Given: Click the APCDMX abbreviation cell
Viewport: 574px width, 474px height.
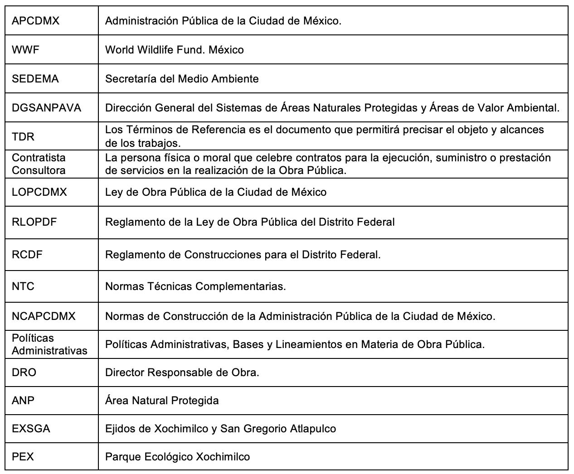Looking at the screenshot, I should point(35,21).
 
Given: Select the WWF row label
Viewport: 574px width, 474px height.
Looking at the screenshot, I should point(26,50).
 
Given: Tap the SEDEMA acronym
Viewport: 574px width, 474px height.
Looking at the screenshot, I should point(35,79).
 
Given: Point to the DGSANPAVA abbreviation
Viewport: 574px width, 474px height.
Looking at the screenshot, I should point(47,108).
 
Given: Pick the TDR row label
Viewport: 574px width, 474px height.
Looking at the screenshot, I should point(23,136).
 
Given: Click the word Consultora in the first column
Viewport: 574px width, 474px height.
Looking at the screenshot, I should point(39,170).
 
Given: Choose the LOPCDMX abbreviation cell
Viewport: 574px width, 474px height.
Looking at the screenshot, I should point(39,192).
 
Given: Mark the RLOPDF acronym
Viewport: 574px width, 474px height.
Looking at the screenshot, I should point(34,222).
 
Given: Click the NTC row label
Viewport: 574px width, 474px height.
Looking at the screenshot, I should point(23,286).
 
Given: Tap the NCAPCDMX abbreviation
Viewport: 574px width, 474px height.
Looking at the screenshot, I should point(44,316).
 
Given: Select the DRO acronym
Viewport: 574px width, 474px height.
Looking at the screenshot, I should point(24,372).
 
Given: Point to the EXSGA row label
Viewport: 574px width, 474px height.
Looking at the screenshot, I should point(31,429).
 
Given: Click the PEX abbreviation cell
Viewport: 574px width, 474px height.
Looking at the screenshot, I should point(23,457).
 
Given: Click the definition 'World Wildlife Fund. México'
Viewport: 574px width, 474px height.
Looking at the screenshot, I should point(175,50).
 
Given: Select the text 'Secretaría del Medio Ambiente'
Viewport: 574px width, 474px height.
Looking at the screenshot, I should point(182,79).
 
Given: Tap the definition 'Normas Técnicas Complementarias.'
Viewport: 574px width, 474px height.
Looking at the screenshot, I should point(195,286).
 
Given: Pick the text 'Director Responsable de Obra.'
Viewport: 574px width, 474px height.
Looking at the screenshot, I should point(182,372).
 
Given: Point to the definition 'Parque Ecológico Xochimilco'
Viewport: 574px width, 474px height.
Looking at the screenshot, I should point(177,457).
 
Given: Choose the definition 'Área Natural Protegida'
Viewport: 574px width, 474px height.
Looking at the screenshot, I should point(162,401).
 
